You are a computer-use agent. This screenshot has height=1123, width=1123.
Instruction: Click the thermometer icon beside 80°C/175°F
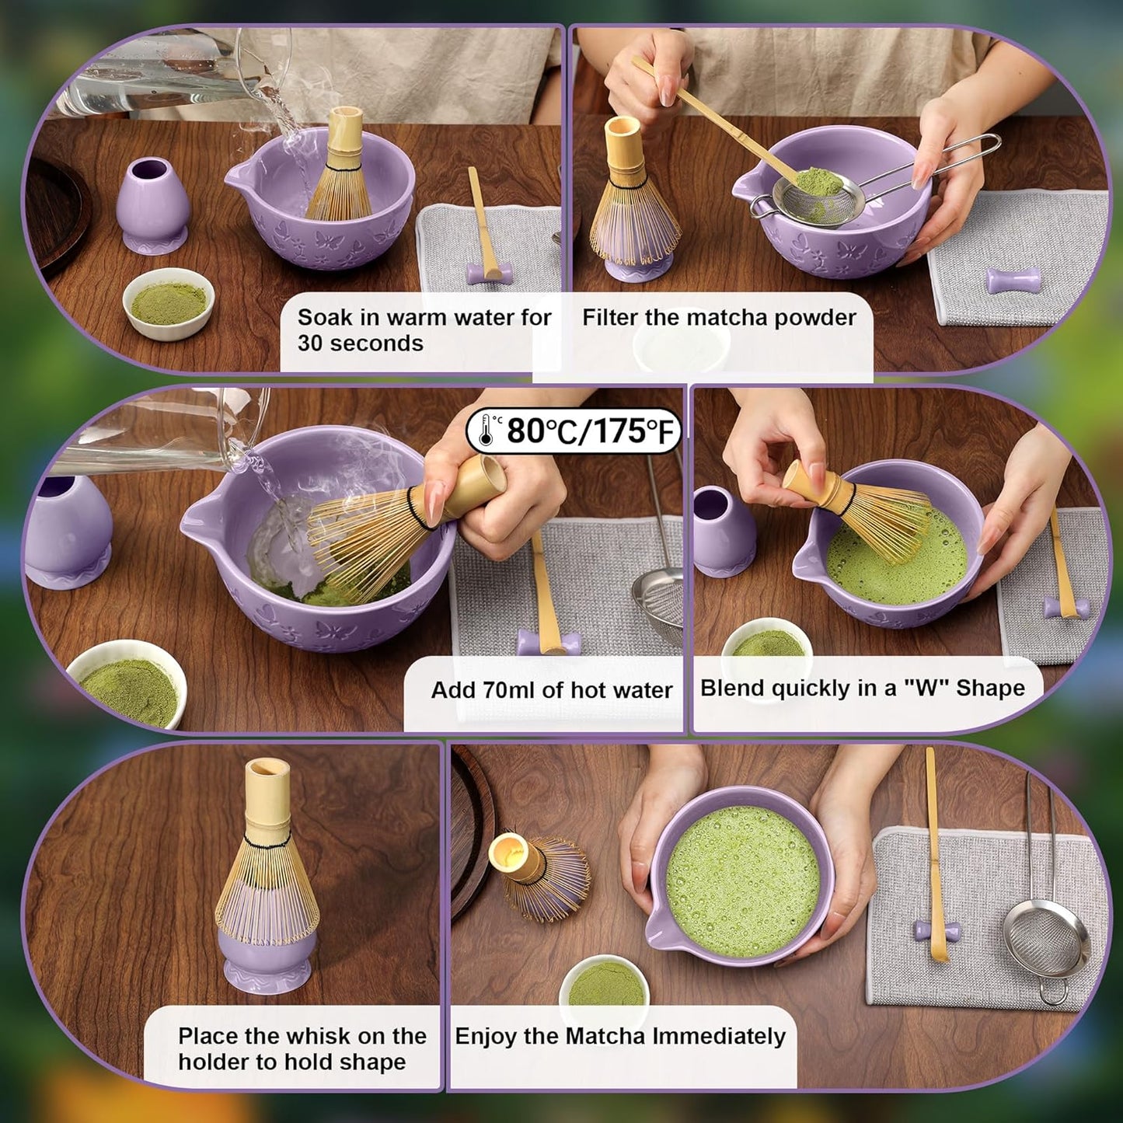tap(487, 430)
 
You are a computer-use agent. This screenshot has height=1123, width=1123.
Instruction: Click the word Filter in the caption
tap(612, 318)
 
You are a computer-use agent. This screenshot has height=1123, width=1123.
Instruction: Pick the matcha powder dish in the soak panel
tap(168, 303)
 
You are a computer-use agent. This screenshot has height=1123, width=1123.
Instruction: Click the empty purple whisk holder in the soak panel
tap(152, 205)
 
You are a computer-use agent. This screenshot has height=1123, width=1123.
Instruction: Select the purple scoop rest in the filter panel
tap(1013, 280)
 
